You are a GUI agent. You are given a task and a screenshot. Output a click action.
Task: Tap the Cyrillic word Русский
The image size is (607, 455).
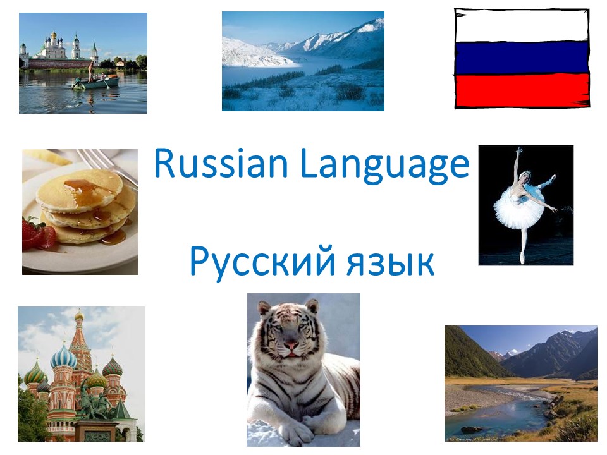262,262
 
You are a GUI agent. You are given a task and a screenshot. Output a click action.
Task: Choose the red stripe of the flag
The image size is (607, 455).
522,90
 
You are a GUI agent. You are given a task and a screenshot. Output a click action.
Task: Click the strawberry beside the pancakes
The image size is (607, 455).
38,233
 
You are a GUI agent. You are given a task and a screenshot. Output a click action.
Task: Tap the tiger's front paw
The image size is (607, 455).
298,430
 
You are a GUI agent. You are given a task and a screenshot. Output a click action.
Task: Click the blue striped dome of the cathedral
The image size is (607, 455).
63,358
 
